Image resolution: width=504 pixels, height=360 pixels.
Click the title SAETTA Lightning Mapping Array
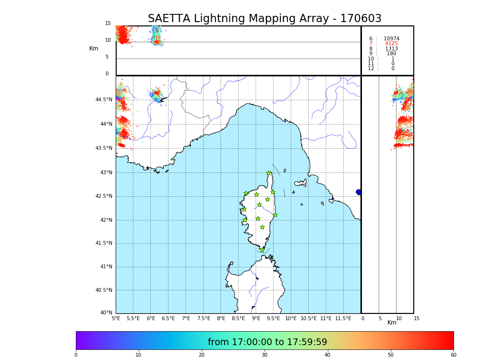pyautogui.click(x=264, y=19)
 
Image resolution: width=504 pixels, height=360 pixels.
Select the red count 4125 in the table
pyautogui.click(x=391, y=44)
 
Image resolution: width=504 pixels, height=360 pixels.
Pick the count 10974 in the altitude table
pyautogui.click(x=391, y=39)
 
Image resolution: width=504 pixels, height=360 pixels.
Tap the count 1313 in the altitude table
pyautogui.click(x=391, y=49)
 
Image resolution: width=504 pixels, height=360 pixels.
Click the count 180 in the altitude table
pyautogui.click(x=391, y=54)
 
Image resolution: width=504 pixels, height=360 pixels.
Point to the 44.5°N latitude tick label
pyautogui.click(x=104, y=100)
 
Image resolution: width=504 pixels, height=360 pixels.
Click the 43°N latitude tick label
pyautogui.click(x=106, y=172)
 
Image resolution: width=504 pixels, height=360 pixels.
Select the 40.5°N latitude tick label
pyautogui.click(x=104, y=290)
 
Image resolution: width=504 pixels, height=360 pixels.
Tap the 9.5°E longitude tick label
pyautogui.click(x=273, y=318)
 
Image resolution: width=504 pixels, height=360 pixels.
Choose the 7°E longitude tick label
pyautogui.click(x=186, y=318)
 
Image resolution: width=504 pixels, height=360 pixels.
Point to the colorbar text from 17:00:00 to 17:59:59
pyautogui.click(x=267, y=342)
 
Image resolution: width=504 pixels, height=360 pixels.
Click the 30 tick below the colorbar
pyautogui.click(x=264, y=355)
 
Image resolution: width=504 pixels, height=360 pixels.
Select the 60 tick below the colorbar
pyautogui.click(x=453, y=355)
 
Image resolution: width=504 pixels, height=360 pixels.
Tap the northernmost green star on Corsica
pyautogui.click(x=269, y=173)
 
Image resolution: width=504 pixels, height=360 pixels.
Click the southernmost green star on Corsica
pyautogui.click(x=262, y=250)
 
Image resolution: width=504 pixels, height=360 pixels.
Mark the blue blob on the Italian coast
pyautogui.click(x=359, y=192)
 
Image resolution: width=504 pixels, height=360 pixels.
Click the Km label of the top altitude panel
pyautogui.click(x=94, y=48)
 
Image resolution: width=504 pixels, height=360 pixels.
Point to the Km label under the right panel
pyautogui.click(x=392, y=323)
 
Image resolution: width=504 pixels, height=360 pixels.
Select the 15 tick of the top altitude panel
pyautogui.click(x=108, y=24)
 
